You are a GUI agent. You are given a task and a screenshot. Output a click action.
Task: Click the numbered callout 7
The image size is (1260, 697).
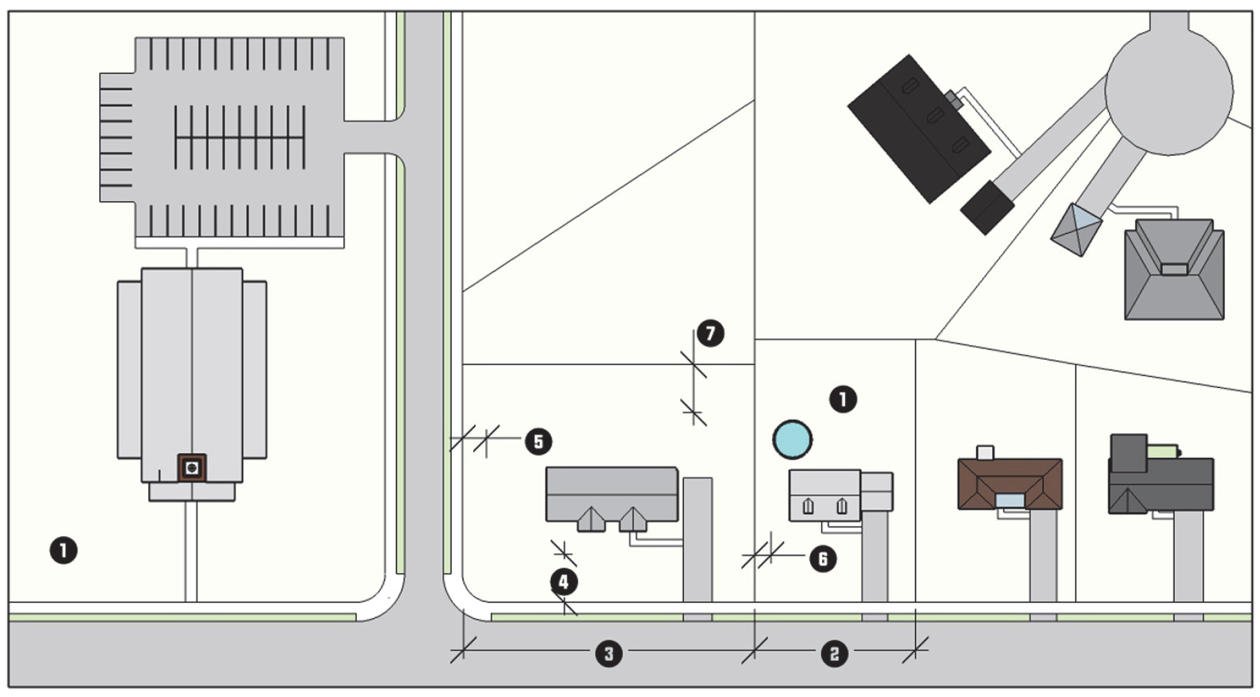[x=710, y=333]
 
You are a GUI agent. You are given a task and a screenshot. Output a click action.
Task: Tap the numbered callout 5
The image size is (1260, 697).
[x=539, y=441]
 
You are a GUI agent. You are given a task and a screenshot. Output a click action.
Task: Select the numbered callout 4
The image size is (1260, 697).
[x=563, y=581]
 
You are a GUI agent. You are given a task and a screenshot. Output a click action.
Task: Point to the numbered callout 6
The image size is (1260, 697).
[x=823, y=558]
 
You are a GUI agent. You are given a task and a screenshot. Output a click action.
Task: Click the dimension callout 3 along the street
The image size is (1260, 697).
[x=609, y=653]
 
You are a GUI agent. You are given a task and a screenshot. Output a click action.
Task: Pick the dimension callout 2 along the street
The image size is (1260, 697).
[x=834, y=653]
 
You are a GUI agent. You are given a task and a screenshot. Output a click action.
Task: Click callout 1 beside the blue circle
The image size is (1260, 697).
[x=843, y=399]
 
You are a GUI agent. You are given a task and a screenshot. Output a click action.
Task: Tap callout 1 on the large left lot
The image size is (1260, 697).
[x=64, y=551]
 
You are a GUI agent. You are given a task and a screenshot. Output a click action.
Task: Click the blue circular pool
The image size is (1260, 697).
[x=792, y=439]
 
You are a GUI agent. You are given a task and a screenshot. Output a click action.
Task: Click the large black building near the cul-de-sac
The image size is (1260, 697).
[x=916, y=128]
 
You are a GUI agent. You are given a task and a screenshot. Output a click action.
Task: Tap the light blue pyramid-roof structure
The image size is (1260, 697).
[x=1076, y=229]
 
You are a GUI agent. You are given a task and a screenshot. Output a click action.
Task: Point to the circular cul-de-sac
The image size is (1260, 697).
[x=1169, y=90]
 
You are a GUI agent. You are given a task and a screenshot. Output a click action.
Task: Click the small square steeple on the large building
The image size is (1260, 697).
[x=192, y=468]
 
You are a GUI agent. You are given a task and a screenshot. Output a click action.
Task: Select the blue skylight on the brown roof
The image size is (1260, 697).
[x=1009, y=500]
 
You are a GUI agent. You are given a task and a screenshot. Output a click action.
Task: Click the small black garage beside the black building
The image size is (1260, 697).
[x=987, y=207]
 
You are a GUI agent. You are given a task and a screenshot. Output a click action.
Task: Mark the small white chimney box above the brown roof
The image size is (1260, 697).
[x=985, y=452]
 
